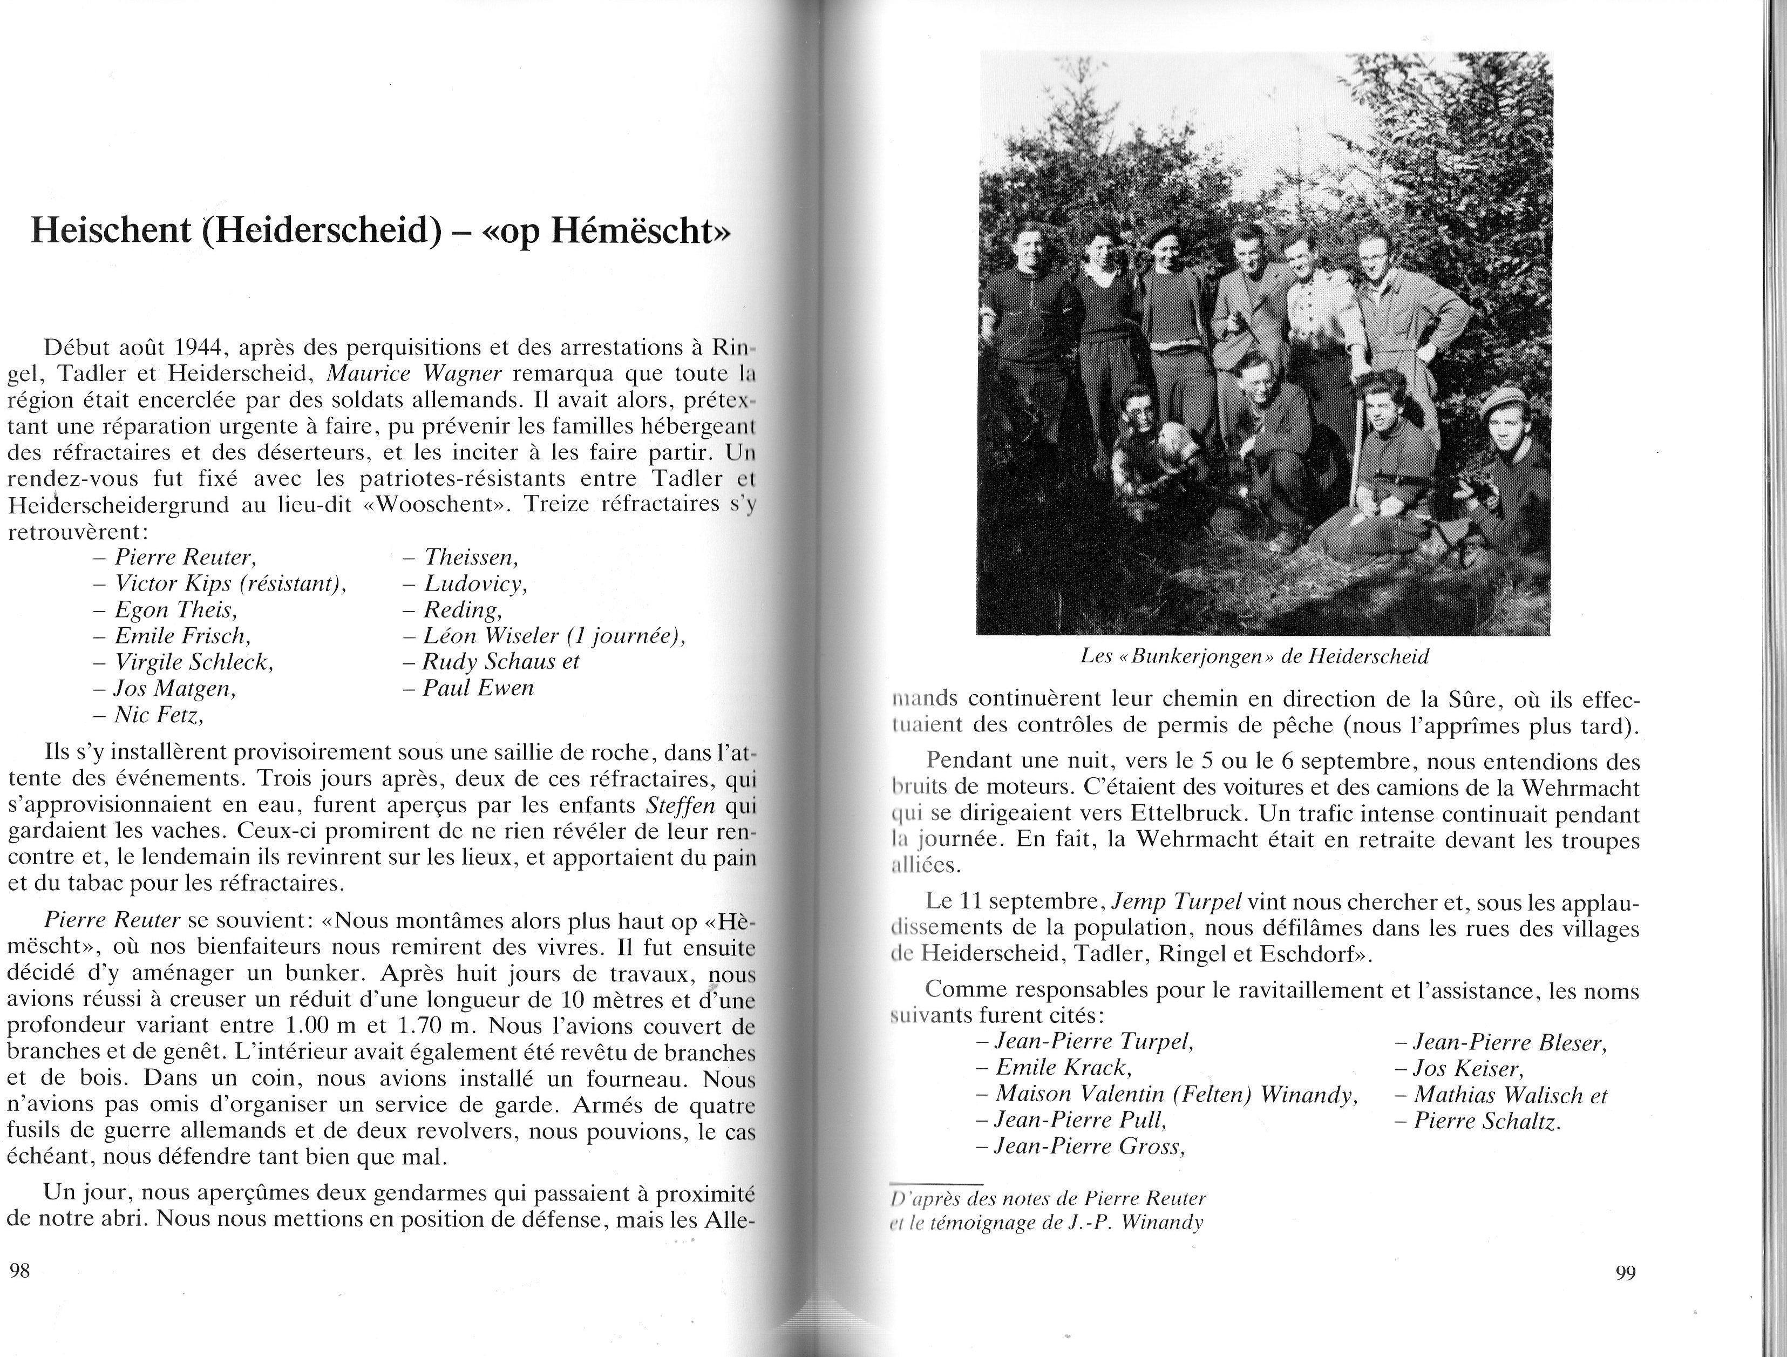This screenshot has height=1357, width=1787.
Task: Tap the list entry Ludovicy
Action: point(475,583)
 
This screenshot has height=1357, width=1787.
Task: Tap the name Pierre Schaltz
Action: point(1487,1121)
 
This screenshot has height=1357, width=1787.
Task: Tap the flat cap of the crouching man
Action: point(1502,397)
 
